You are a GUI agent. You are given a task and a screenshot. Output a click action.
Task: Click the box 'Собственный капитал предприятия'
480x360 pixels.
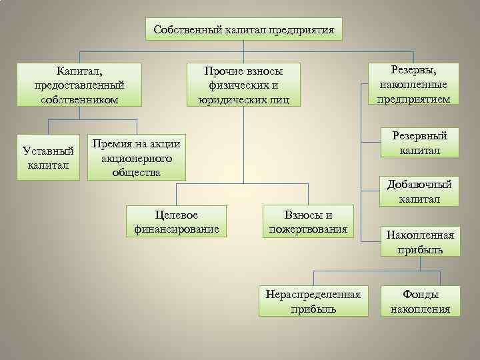point(243,29)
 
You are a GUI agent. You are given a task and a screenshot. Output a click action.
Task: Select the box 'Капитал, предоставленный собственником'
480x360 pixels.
point(79,85)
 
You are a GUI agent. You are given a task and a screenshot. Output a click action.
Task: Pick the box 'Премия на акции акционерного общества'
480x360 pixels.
point(136,158)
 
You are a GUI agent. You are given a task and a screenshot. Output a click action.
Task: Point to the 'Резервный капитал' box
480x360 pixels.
point(419,143)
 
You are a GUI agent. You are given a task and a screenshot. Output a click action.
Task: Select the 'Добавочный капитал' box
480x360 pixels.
point(419,191)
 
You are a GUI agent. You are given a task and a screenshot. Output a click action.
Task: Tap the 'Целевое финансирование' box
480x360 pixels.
point(177,221)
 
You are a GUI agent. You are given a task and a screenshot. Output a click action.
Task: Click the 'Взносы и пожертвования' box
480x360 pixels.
point(308,221)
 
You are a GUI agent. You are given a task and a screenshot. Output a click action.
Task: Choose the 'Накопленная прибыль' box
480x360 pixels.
point(419,242)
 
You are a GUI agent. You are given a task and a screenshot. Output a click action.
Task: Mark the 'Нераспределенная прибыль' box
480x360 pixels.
point(313,301)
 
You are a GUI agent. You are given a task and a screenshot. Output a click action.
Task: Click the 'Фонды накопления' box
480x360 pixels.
point(420,301)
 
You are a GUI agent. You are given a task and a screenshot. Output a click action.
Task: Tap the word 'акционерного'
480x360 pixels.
point(136,158)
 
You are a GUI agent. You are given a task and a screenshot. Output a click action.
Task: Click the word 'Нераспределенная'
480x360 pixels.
point(313,293)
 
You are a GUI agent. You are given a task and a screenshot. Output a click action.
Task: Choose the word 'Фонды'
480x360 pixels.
point(420,293)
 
